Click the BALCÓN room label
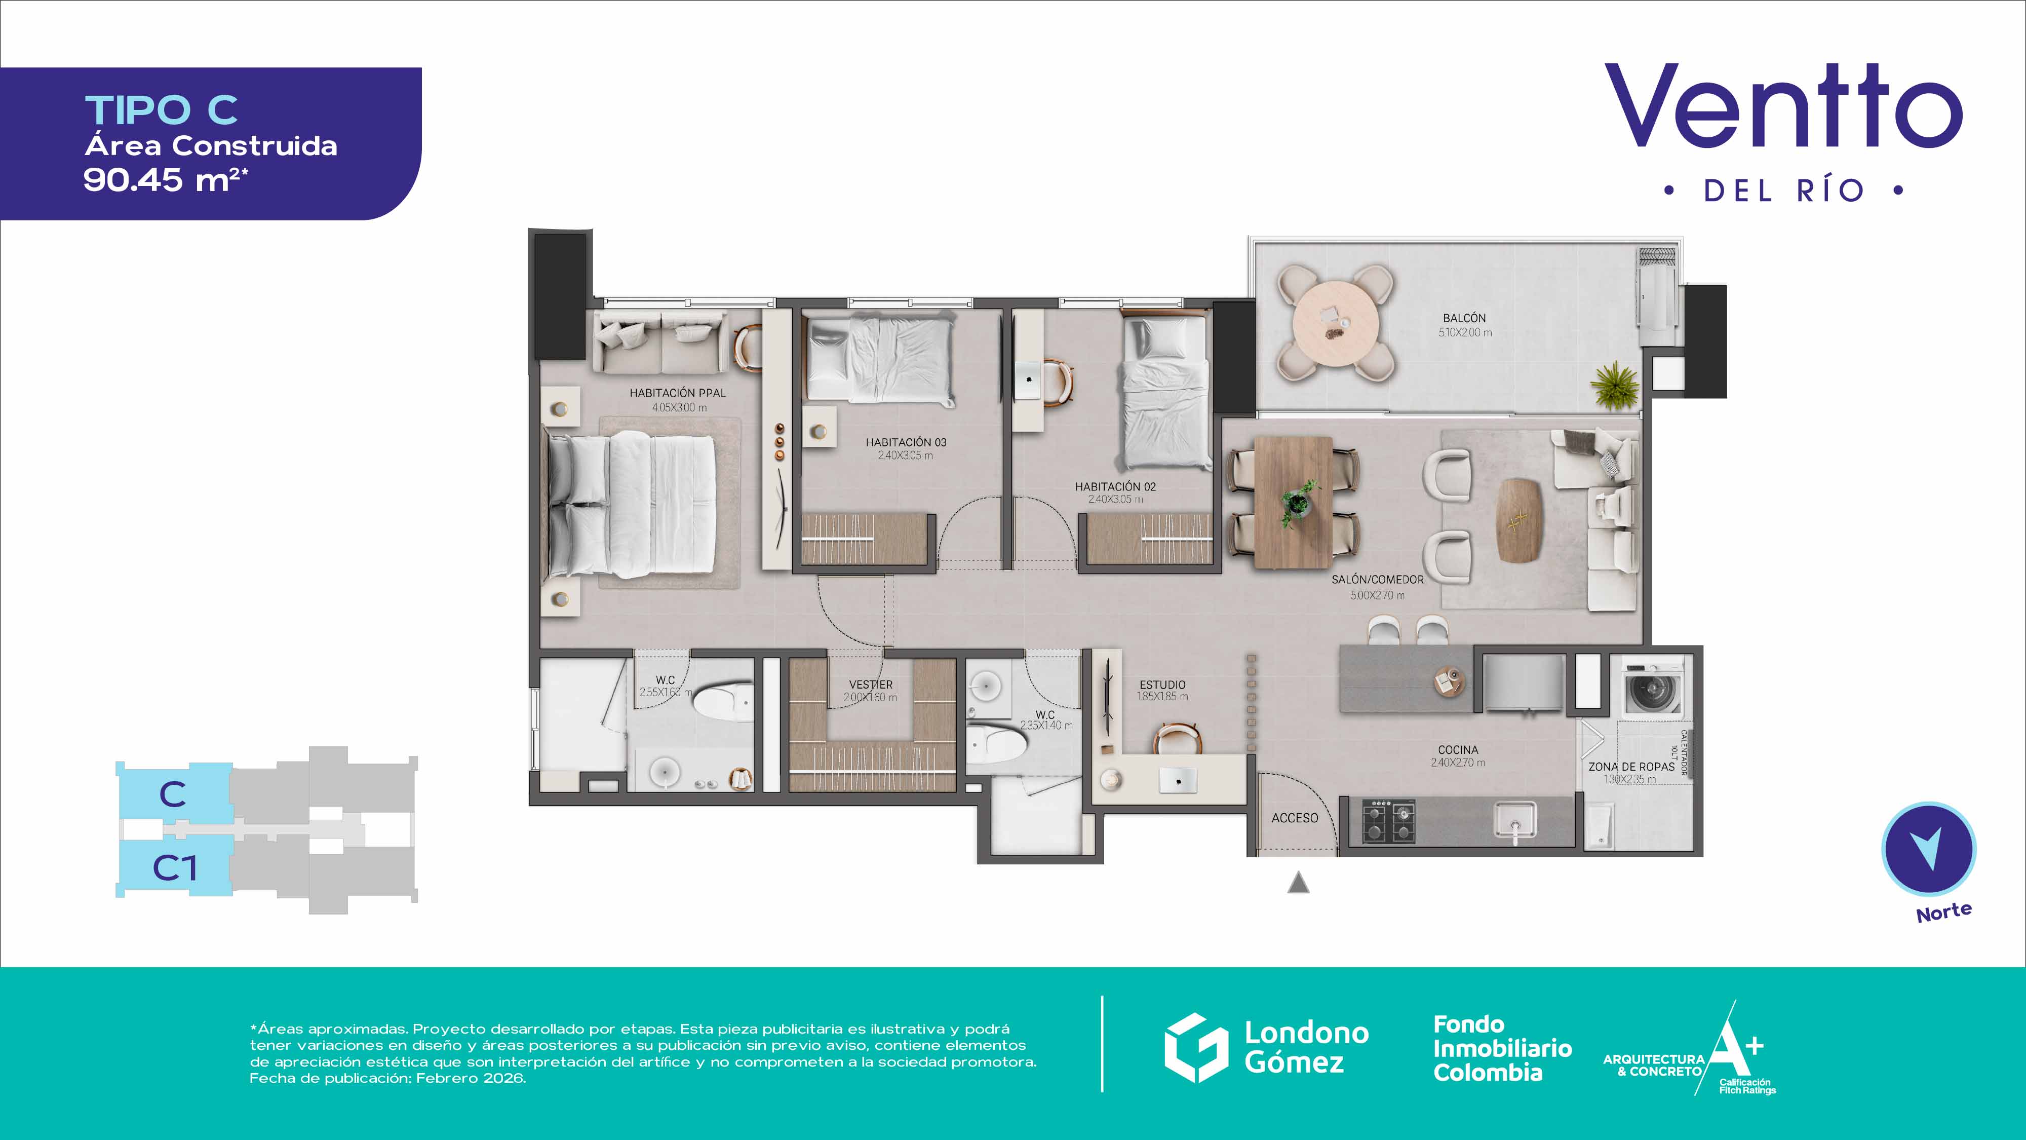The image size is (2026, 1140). (1464, 318)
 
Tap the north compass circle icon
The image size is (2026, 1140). (1928, 848)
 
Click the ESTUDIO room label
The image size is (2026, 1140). (1162, 685)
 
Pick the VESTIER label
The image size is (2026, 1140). (871, 685)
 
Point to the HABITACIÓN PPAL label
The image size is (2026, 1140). (678, 393)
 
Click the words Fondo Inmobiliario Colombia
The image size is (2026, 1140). (1502, 1048)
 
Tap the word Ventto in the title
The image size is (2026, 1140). (1783, 106)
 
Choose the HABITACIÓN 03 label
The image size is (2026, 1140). (906, 442)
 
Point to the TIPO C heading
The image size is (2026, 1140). (161, 109)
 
